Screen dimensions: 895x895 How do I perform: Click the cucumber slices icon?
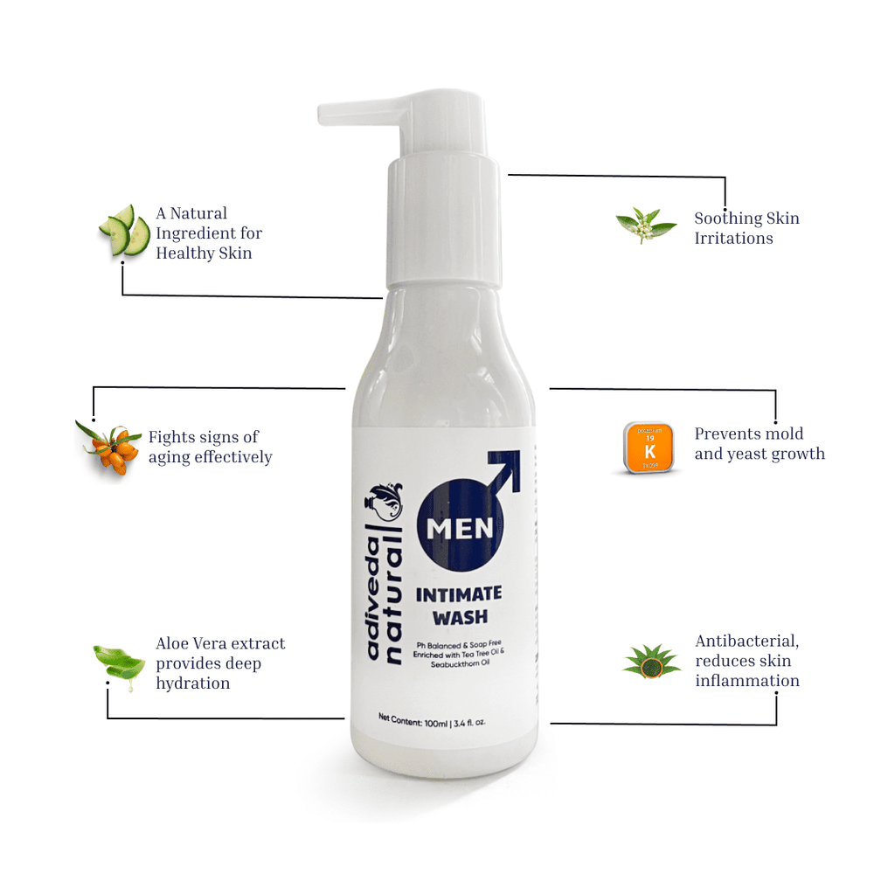124,231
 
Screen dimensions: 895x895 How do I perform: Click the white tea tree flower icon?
645,225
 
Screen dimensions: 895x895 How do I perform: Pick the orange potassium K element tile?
649,447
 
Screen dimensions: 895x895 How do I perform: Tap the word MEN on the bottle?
461,530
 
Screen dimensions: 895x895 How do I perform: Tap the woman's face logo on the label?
385,502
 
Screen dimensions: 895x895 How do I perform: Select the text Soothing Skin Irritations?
746,228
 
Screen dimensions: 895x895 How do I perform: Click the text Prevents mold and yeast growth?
759,444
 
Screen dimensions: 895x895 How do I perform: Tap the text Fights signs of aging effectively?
210,447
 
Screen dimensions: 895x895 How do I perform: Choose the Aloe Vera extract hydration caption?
220,663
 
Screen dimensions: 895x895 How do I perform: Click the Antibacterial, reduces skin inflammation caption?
747,661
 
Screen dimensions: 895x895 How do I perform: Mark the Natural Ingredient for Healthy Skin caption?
209,233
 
